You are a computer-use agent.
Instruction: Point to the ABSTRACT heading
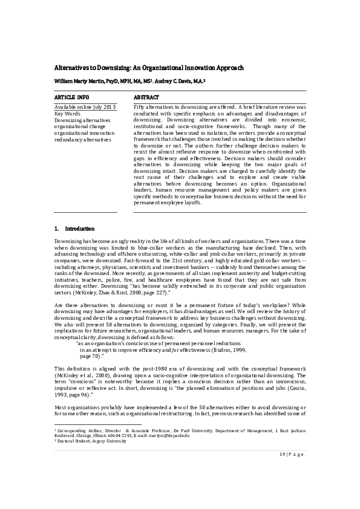[146, 97]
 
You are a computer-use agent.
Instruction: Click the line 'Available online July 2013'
[85, 107]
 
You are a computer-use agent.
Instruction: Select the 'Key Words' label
[68, 113]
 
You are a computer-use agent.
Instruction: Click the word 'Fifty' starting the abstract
[139, 107]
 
